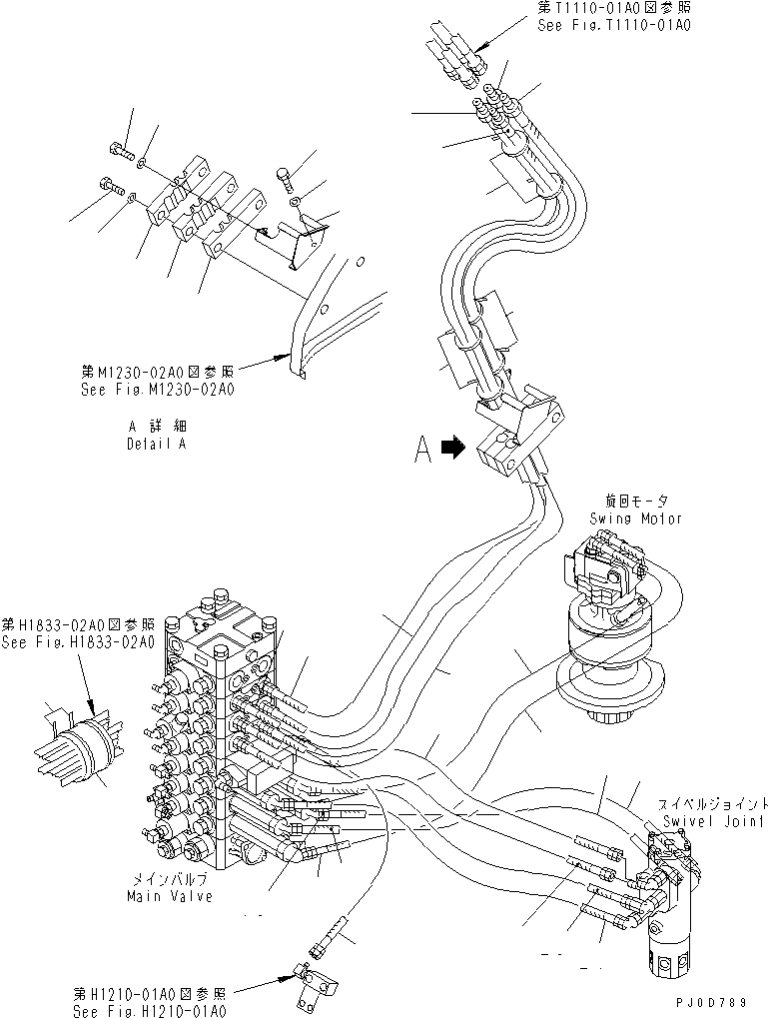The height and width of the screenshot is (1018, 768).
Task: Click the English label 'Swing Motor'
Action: tap(635, 518)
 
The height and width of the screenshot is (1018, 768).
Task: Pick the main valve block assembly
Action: tap(215, 739)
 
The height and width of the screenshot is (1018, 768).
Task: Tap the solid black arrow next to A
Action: tap(454, 450)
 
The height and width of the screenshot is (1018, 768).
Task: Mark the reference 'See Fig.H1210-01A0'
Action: tap(150, 1009)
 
